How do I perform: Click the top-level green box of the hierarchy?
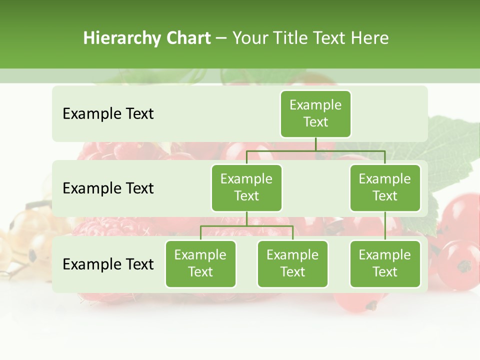click(x=315, y=114)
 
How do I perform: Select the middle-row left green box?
click(x=246, y=188)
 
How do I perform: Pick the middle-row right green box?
click(x=385, y=188)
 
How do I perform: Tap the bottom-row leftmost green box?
click(x=200, y=264)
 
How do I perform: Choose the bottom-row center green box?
click(x=292, y=264)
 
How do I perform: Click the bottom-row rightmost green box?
click(x=385, y=264)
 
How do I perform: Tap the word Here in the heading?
click(x=370, y=38)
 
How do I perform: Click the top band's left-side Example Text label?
click(x=108, y=114)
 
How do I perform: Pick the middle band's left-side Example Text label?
click(x=108, y=188)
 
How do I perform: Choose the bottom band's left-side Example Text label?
click(x=108, y=264)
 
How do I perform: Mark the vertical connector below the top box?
click(x=315, y=144)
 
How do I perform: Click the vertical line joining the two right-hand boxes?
click(x=385, y=226)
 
